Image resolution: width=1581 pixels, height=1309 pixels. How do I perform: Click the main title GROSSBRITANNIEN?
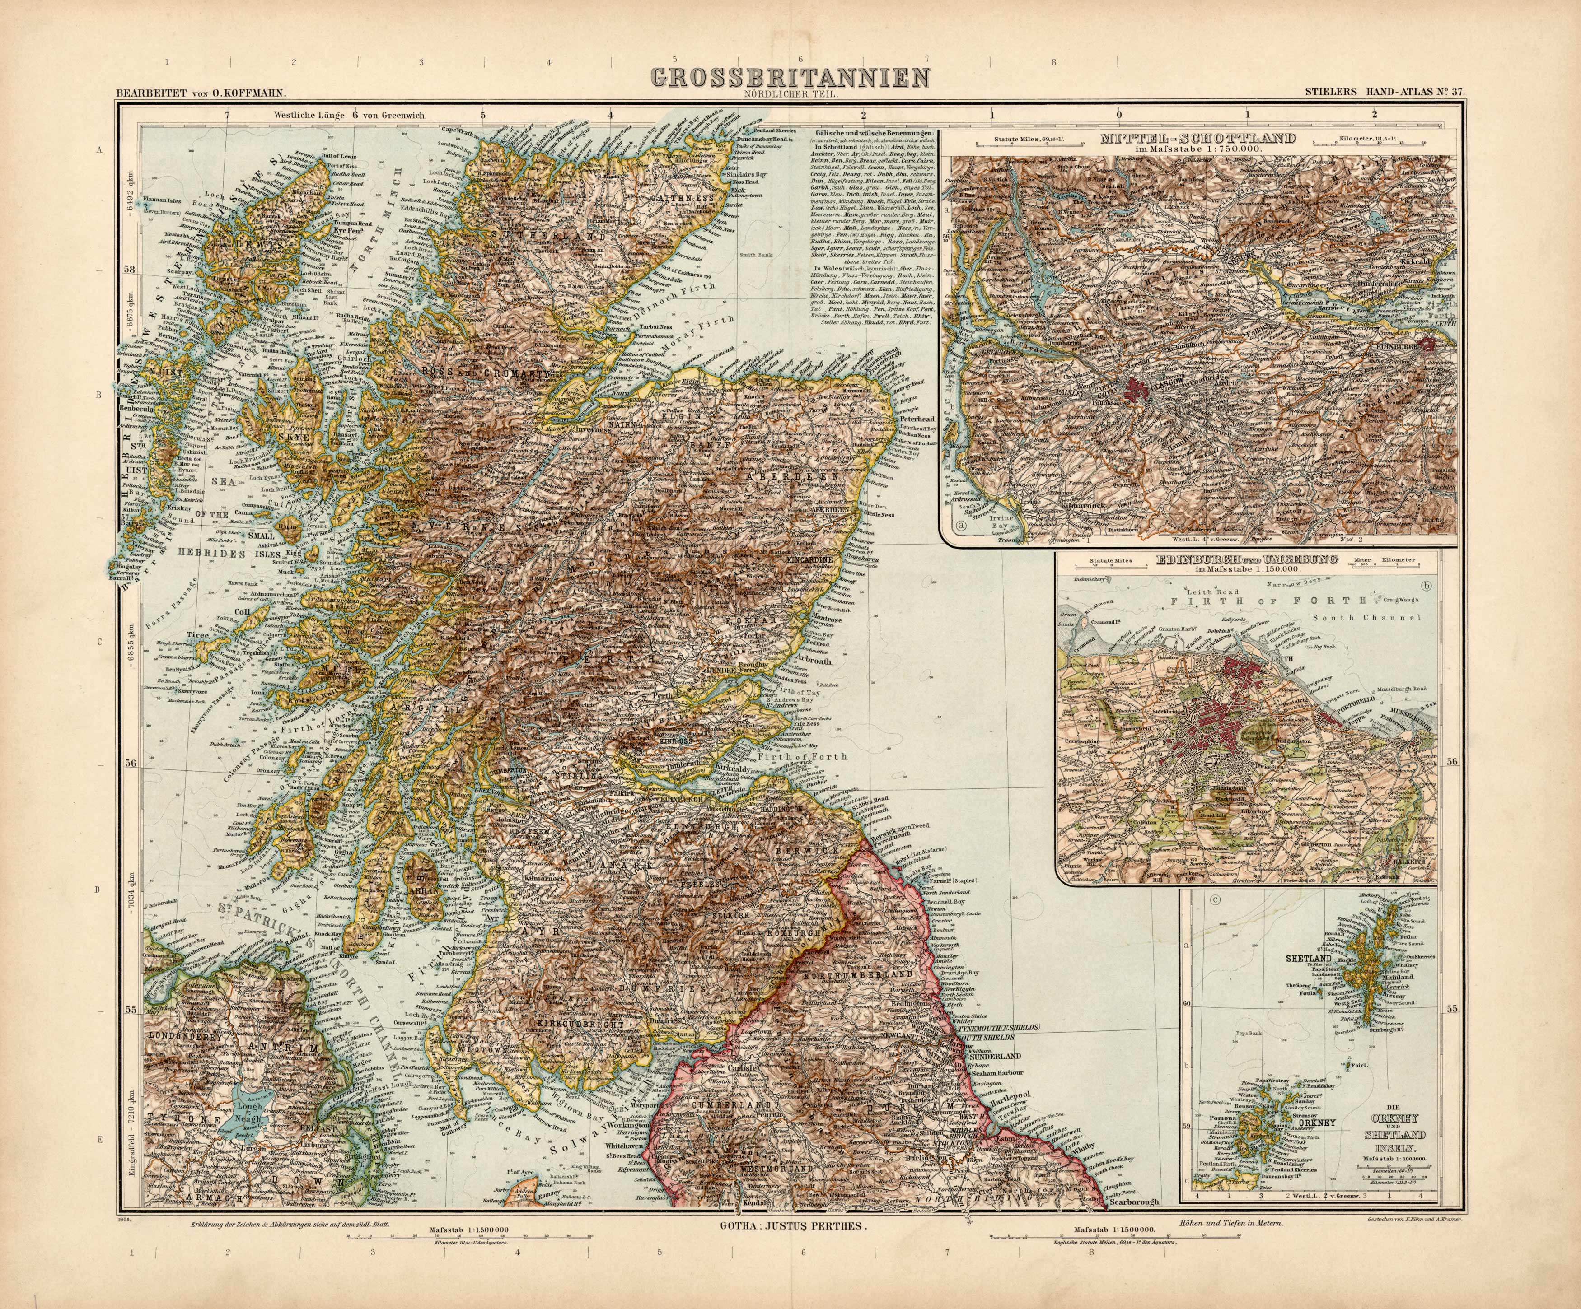point(789,78)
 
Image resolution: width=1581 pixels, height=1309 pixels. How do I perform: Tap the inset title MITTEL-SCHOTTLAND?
point(1197,139)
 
